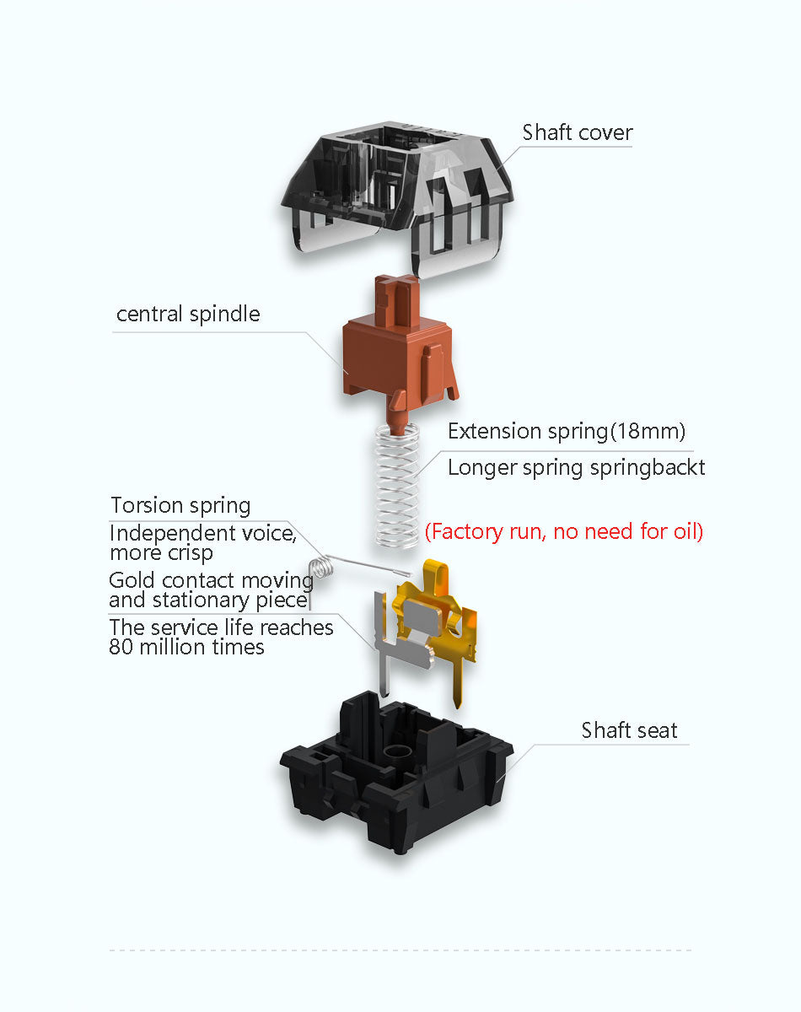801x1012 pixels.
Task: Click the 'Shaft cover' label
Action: coord(577,132)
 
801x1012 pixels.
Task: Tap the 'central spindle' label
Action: coord(188,314)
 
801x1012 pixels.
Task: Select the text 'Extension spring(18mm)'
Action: coord(567,431)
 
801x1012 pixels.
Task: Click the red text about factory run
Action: coord(564,531)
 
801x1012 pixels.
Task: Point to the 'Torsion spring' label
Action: coord(180,506)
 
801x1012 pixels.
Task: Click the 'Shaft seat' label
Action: coord(629,730)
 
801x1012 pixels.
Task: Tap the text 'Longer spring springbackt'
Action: coord(576,468)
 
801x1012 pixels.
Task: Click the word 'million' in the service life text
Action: coord(173,648)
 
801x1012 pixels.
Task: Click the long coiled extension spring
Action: coord(397,485)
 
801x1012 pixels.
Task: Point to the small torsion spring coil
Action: coord(322,568)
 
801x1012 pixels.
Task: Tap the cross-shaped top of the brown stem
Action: coord(396,283)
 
